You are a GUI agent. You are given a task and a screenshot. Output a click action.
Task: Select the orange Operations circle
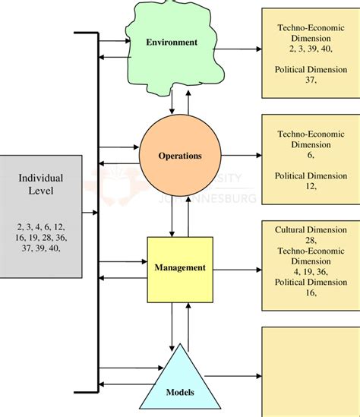[x=180, y=156]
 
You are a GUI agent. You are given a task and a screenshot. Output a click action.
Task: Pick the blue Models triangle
[x=180, y=380]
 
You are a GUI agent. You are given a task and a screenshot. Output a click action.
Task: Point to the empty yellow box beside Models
[x=310, y=371]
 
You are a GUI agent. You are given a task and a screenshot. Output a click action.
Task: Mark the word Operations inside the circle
[x=180, y=156]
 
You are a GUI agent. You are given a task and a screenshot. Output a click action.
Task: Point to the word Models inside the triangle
[x=180, y=393]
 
